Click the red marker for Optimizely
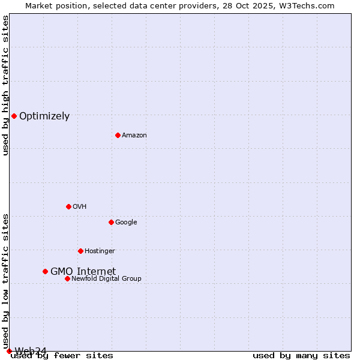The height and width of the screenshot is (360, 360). tap(14, 116)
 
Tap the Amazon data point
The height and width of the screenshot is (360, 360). tap(118, 135)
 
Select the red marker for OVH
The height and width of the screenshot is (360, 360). tap(68, 206)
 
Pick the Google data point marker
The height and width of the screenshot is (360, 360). tap(111, 222)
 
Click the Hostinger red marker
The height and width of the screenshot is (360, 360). tap(80, 251)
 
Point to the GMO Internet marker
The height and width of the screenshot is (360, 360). tap(45, 271)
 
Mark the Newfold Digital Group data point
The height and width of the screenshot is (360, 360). tap(67, 278)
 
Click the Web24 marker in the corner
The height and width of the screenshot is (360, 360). tap(9, 351)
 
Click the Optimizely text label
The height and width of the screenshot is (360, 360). tap(44, 116)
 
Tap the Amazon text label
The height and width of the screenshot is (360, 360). tap(134, 136)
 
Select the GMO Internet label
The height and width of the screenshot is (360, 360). tap(83, 271)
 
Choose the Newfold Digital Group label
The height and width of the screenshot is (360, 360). tap(106, 278)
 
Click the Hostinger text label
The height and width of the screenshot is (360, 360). tap(100, 251)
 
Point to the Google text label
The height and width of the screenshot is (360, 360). tap(126, 223)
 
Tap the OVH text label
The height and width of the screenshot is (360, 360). tap(80, 207)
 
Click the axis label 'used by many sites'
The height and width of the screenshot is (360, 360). tap(301, 356)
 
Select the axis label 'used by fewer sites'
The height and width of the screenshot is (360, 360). tap(62, 356)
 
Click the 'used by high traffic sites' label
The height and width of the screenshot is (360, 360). tap(5, 85)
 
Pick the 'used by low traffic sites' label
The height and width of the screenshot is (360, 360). tap(5, 281)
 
